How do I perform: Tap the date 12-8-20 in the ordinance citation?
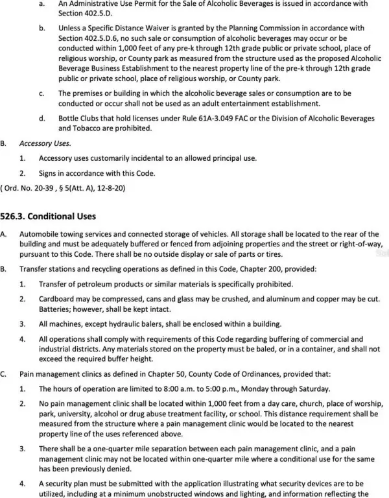(x=110, y=187)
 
